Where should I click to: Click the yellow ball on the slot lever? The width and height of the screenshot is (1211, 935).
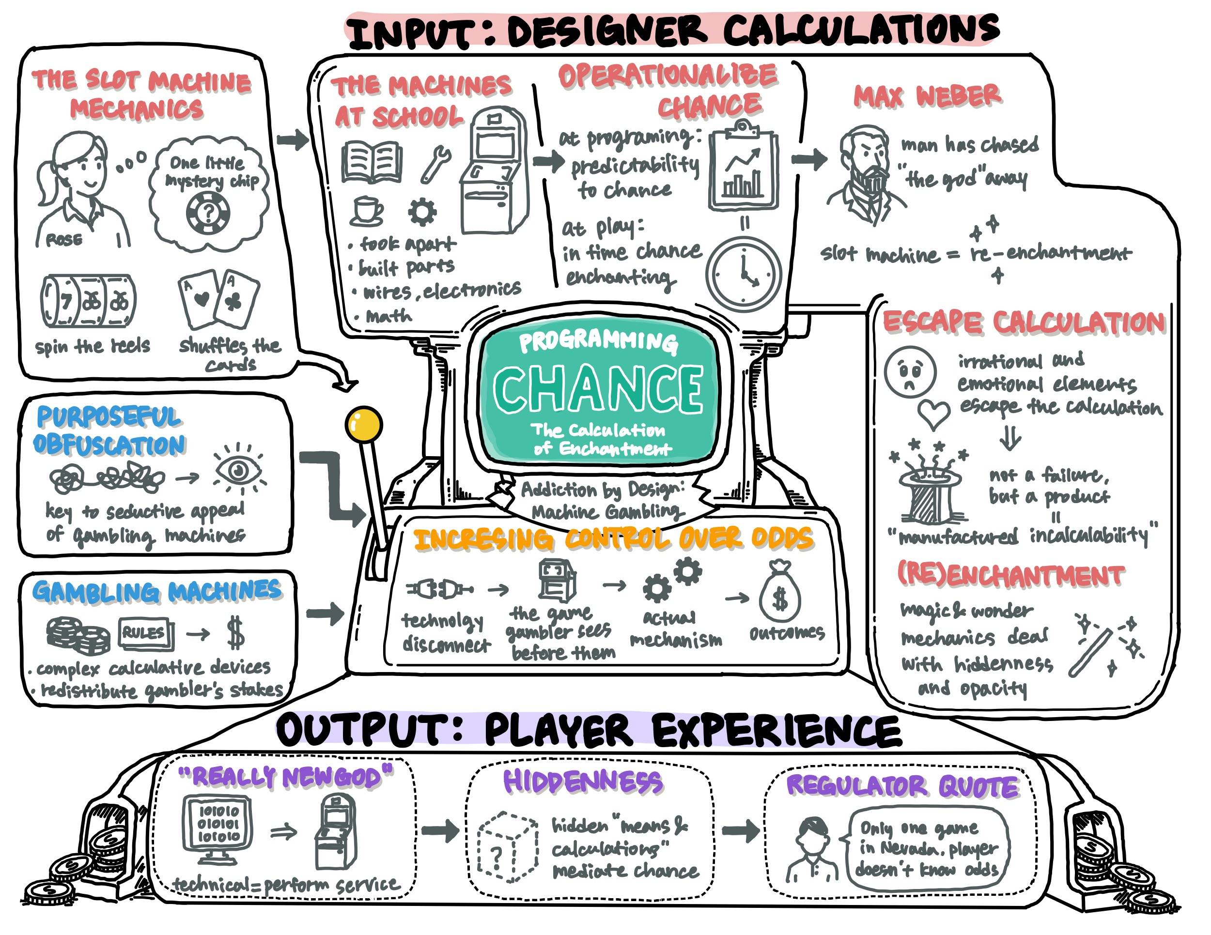tap(363, 425)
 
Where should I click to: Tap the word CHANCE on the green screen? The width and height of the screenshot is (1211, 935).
tap(597, 387)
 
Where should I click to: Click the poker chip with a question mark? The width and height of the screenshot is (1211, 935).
tap(208, 214)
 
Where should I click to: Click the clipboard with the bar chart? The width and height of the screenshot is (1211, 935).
tap(743, 166)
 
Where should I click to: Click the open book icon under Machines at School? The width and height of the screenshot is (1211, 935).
tap(372, 162)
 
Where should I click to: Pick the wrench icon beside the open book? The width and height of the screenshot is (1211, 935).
tap(436, 164)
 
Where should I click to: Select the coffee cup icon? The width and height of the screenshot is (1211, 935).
tap(366, 211)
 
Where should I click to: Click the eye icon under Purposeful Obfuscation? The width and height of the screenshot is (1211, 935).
tap(238, 470)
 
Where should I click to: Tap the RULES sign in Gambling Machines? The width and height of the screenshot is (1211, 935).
tap(146, 633)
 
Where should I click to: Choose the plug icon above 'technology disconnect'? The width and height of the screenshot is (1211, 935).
tap(440, 589)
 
